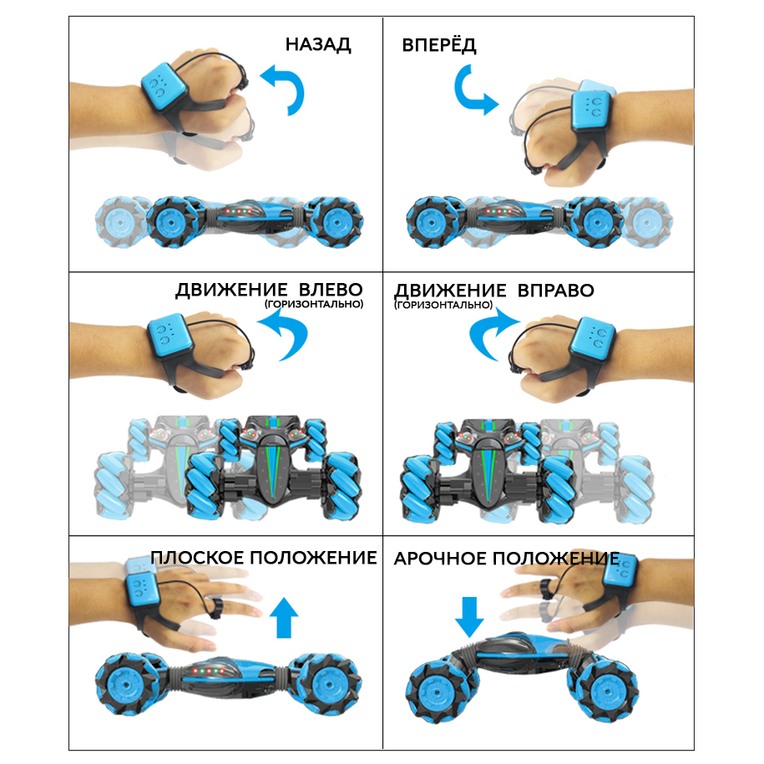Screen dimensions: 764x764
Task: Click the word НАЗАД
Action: (x=318, y=44)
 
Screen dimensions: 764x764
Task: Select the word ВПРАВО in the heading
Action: (x=555, y=290)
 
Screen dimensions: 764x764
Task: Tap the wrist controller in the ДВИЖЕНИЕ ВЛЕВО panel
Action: (x=170, y=334)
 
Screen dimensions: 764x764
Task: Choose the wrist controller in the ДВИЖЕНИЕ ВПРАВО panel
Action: (x=596, y=338)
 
